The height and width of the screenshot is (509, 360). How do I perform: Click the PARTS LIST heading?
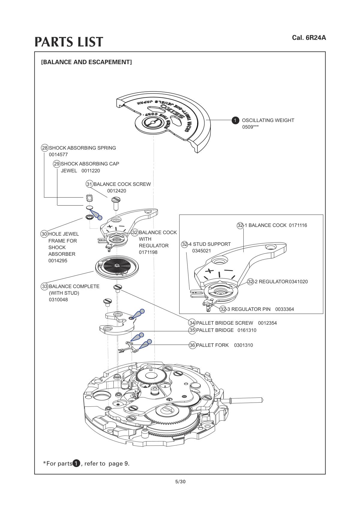pos(69,42)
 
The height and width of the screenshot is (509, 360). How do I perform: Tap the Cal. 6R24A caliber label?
pos(309,38)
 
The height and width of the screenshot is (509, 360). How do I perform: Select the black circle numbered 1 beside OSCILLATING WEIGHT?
pos(235,121)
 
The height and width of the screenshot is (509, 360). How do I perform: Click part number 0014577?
pos(58,155)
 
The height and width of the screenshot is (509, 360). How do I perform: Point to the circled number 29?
pos(57,164)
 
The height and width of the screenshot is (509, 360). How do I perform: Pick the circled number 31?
pos(89,184)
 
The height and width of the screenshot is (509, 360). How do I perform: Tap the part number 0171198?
pos(148,252)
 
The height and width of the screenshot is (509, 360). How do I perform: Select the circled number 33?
pos(44,286)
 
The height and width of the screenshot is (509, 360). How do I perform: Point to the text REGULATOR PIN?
pos(251,309)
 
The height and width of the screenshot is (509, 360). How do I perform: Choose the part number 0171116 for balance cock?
pos(298,225)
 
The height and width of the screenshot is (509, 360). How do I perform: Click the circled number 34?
pos(192,323)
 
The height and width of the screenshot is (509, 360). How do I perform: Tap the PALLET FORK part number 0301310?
pos(243,345)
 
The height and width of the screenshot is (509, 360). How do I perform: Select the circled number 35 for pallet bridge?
pos(192,330)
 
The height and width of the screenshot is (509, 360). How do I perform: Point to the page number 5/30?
pos(180,482)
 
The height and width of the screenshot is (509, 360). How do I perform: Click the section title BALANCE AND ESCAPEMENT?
pos(86,62)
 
